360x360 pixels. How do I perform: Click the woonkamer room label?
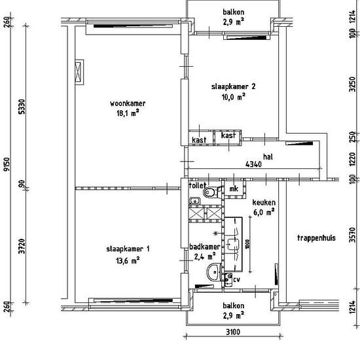click(x=128, y=103)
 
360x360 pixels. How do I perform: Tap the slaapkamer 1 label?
click(x=128, y=249)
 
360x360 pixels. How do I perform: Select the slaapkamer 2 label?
click(x=233, y=86)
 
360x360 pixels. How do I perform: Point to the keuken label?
click(x=264, y=202)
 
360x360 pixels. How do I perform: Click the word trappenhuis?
click(x=316, y=238)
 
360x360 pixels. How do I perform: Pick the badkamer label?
click(x=205, y=247)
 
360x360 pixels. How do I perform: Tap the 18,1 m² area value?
click(x=128, y=113)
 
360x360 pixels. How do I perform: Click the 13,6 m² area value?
click(x=128, y=261)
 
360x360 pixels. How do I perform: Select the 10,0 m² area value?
click(x=233, y=97)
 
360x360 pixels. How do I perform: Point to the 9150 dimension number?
click(x=7, y=164)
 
